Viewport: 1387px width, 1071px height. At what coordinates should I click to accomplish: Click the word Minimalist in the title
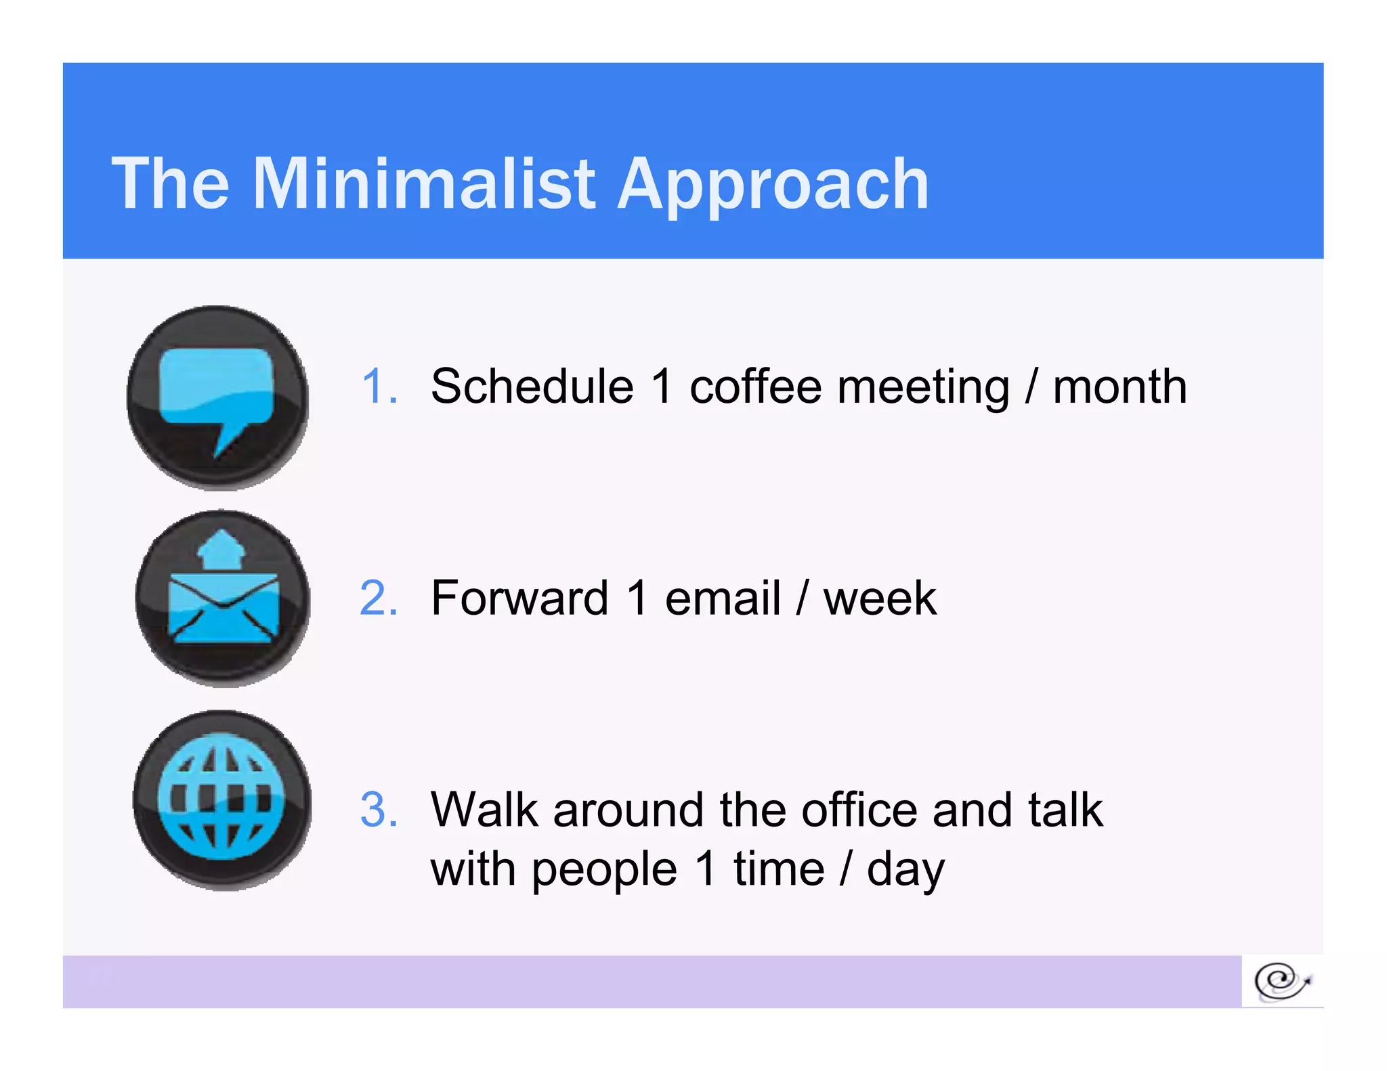pos(423,184)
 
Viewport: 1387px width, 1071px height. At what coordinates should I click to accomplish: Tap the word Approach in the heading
pos(773,184)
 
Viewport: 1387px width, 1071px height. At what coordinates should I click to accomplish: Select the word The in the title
pos(171,184)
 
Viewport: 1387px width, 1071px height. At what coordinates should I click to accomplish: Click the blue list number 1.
pos(379,387)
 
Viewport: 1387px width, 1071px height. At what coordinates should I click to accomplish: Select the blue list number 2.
pos(379,598)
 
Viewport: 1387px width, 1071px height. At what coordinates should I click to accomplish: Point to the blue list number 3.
pos(379,810)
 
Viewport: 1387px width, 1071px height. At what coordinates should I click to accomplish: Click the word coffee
pos(755,387)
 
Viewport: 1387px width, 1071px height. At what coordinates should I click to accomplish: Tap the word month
pos(1119,387)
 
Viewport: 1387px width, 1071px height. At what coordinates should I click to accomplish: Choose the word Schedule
pos(532,387)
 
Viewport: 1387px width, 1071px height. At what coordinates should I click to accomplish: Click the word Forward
pos(519,598)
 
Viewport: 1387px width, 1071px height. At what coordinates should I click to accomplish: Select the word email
pos(723,598)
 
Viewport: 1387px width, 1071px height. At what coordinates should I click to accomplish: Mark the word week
pos(880,598)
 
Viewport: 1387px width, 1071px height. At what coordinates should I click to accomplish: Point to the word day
pos(905,870)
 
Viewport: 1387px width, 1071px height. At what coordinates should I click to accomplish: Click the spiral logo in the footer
pos(1281,981)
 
